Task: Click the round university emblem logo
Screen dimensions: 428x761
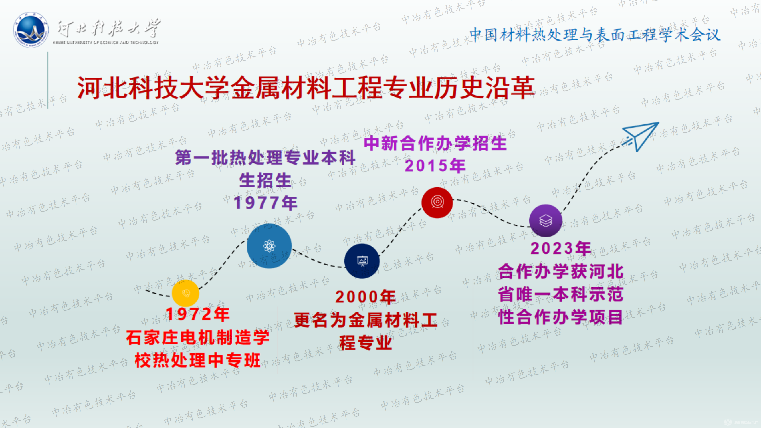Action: [31, 30]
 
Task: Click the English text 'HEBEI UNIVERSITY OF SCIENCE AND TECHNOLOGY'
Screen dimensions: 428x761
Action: [106, 43]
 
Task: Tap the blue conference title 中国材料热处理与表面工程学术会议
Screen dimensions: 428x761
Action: [595, 35]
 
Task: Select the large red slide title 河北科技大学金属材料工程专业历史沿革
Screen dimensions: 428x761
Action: [306, 88]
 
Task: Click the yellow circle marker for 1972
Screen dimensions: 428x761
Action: [185, 293]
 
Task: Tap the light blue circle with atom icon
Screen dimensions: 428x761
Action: [269, 246]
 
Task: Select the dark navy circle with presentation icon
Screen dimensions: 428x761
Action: [362, 261]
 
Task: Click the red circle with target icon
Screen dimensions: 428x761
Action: [437, 202]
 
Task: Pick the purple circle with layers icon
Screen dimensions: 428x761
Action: [546, 220]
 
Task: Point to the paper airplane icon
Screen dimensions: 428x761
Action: [641, 136]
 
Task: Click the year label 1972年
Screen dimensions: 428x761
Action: [198, 314]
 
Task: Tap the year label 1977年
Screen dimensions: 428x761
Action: [266, 203]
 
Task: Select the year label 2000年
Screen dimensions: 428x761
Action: [366, 297]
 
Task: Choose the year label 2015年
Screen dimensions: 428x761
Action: [435, 165]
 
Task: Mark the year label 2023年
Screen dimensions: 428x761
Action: [561, 249]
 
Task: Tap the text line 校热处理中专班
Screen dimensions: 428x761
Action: [198, 360]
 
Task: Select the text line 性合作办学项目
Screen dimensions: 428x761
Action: [561, 317]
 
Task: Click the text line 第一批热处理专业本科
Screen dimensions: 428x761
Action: [265, 158]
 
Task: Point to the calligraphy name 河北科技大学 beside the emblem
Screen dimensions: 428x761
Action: [109, 28]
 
